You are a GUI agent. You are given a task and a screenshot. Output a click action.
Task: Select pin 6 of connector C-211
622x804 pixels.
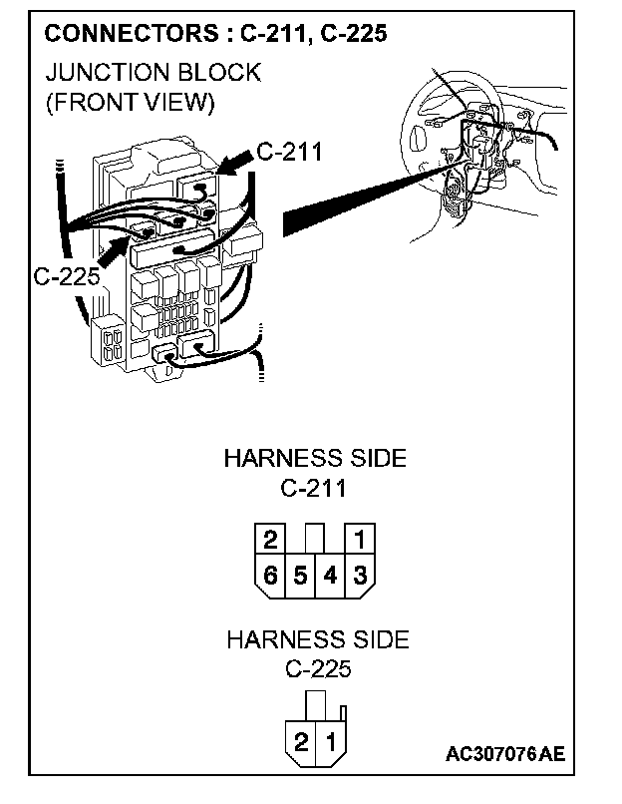tap(270, 575)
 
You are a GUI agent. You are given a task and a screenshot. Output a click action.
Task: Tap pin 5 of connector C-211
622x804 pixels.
tap(300, 575)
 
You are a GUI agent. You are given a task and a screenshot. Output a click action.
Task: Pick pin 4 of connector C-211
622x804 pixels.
tap(330, 575)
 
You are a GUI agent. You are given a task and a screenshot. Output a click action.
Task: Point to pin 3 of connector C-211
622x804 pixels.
tap(360, 575)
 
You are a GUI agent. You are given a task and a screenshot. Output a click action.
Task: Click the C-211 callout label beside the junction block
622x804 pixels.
tap(289, 152)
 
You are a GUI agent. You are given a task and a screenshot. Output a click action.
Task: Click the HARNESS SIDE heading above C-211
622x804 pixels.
tap(315, 459)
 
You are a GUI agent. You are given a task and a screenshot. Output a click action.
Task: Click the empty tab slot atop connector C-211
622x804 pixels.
tap(315, 536)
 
